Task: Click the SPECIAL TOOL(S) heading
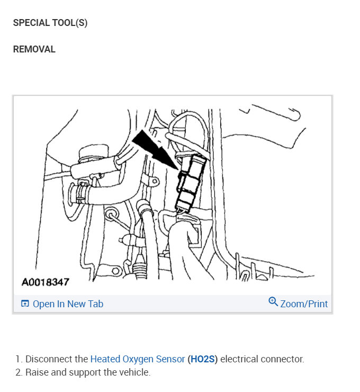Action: tap(50, 23)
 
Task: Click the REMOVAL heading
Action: tap(34, 49)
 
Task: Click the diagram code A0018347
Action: tap(45, 282)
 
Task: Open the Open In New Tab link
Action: tap(68, 304)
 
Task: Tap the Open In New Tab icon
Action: tap(25, 304)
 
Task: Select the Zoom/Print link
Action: tap(304, 304)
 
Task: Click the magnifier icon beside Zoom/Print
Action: tap(273, 302)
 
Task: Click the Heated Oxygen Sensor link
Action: tap(138, 359)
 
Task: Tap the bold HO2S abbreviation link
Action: tap(202, 359)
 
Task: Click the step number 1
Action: tap(18, 359)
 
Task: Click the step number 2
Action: tap(18, 372)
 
